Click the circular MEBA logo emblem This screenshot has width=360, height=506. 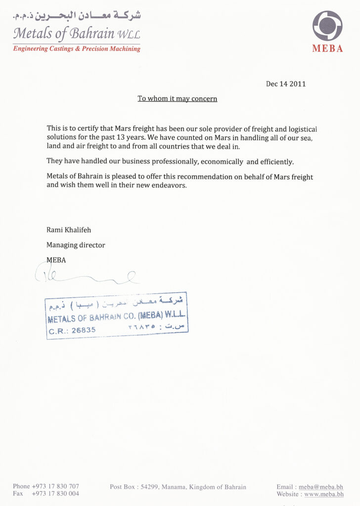327,26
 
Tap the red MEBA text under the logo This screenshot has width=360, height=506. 327,49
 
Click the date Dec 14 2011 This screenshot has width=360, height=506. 286,84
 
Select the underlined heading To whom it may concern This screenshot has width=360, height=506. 177,99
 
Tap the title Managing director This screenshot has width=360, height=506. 76,245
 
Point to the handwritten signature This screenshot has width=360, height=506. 87,275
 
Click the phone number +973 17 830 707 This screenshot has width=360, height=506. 55,487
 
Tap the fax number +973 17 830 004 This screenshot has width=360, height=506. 55,494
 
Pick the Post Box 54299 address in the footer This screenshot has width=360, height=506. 178,487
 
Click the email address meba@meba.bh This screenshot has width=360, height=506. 321,487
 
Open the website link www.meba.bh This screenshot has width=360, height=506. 324,494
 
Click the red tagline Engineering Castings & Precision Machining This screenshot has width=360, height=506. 77,49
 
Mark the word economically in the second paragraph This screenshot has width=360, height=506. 222,162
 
